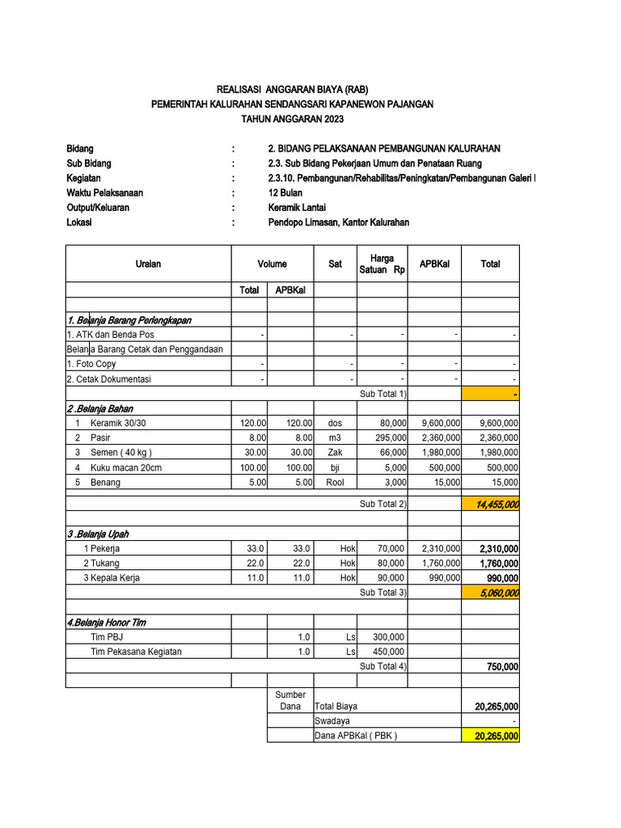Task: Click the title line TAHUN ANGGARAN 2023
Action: (293, 119)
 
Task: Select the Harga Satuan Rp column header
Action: (382, 264)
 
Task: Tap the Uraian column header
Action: (148, 264)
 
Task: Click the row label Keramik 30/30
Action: (119, 423)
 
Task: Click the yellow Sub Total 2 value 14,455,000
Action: (492, 504)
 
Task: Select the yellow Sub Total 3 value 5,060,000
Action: (492, 593)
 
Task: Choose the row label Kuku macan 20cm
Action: (125, 467)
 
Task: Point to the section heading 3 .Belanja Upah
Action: (98, 534)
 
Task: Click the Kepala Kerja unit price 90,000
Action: (391, 578)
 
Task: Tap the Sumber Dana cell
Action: (290, 700)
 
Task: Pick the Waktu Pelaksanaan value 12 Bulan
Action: (286, 192)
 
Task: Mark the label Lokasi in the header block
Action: (79, 222)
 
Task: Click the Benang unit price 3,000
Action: (394, 482)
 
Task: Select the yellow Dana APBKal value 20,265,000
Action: (492, 736)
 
